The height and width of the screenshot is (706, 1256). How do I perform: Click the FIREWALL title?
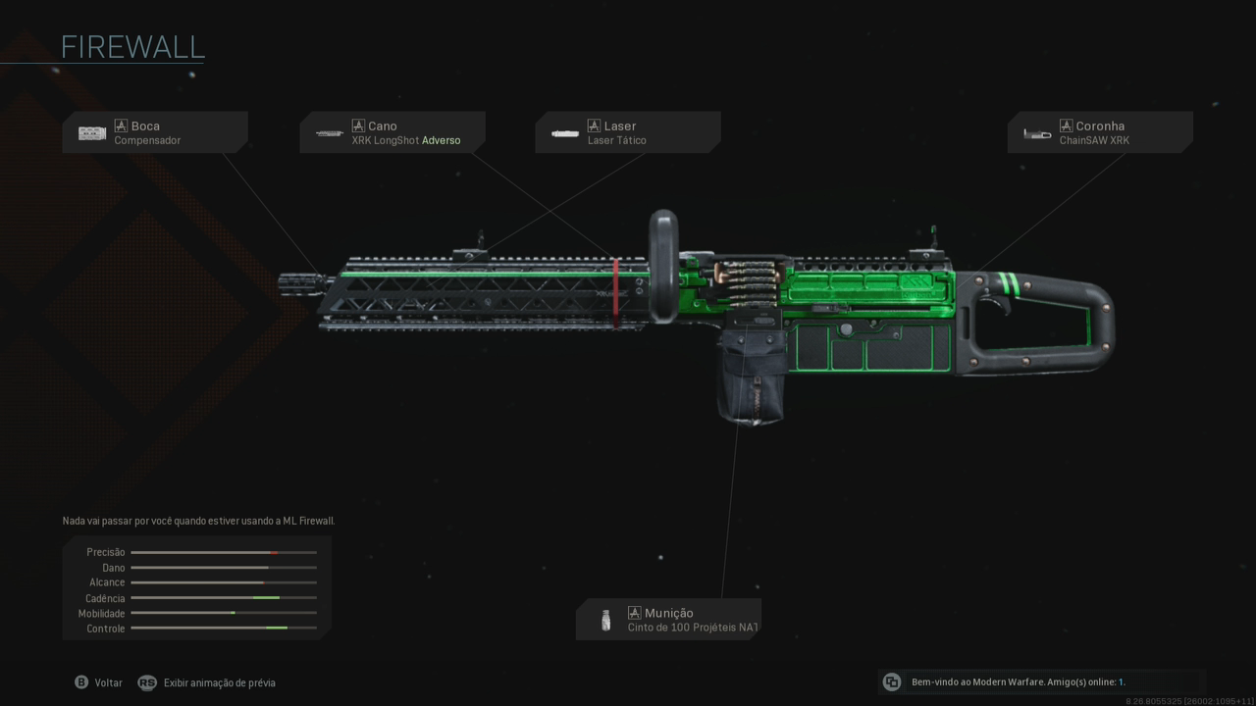(132, 47)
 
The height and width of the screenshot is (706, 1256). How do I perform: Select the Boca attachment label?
(145, 126)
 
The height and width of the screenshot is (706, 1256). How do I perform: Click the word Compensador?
(147, 140)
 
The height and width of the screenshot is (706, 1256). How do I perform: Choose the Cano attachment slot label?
(383, 126)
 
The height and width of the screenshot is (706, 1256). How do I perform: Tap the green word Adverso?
(441, 140)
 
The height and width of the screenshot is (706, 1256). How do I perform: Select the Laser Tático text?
(616, 140)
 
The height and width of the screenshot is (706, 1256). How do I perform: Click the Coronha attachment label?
(1100, 126)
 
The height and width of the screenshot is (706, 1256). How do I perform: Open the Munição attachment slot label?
(668, 613)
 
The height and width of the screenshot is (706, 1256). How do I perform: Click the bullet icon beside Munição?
(605, 620)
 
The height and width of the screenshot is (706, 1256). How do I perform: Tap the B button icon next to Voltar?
(81, 682)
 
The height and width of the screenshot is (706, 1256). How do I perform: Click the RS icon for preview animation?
(147, 682)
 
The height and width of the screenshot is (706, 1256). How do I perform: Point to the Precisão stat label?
(106, 552)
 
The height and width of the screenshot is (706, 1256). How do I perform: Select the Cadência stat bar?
(224, 598)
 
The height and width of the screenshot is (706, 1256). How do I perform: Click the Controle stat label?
(106, 629)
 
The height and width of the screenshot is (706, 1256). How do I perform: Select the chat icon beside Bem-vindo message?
(892, 682)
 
